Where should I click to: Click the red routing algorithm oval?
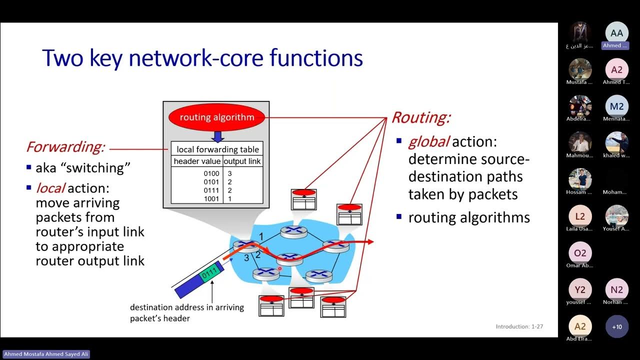pos(217,118)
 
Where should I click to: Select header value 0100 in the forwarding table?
pos(211,173)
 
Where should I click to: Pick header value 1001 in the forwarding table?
pos(211,198)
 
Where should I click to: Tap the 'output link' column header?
pos(242,161)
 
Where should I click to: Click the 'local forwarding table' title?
pos(217,149)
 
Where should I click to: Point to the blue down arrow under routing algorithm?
pos(217,136)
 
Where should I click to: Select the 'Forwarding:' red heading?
pos(65,147)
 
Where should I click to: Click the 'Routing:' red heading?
pos(420,117)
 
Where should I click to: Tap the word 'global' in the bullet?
pos(428,142)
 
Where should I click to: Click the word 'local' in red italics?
pos(50,188)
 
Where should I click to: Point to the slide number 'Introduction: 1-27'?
pos(519,326)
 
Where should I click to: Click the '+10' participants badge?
pos(616,326)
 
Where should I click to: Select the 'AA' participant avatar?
pos(616,33)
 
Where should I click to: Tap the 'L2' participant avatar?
pos(580,216)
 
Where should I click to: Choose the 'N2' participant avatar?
pos(616,289)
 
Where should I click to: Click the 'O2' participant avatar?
pos(580,253)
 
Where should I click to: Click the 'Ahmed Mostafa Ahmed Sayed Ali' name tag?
pos(46,354)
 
